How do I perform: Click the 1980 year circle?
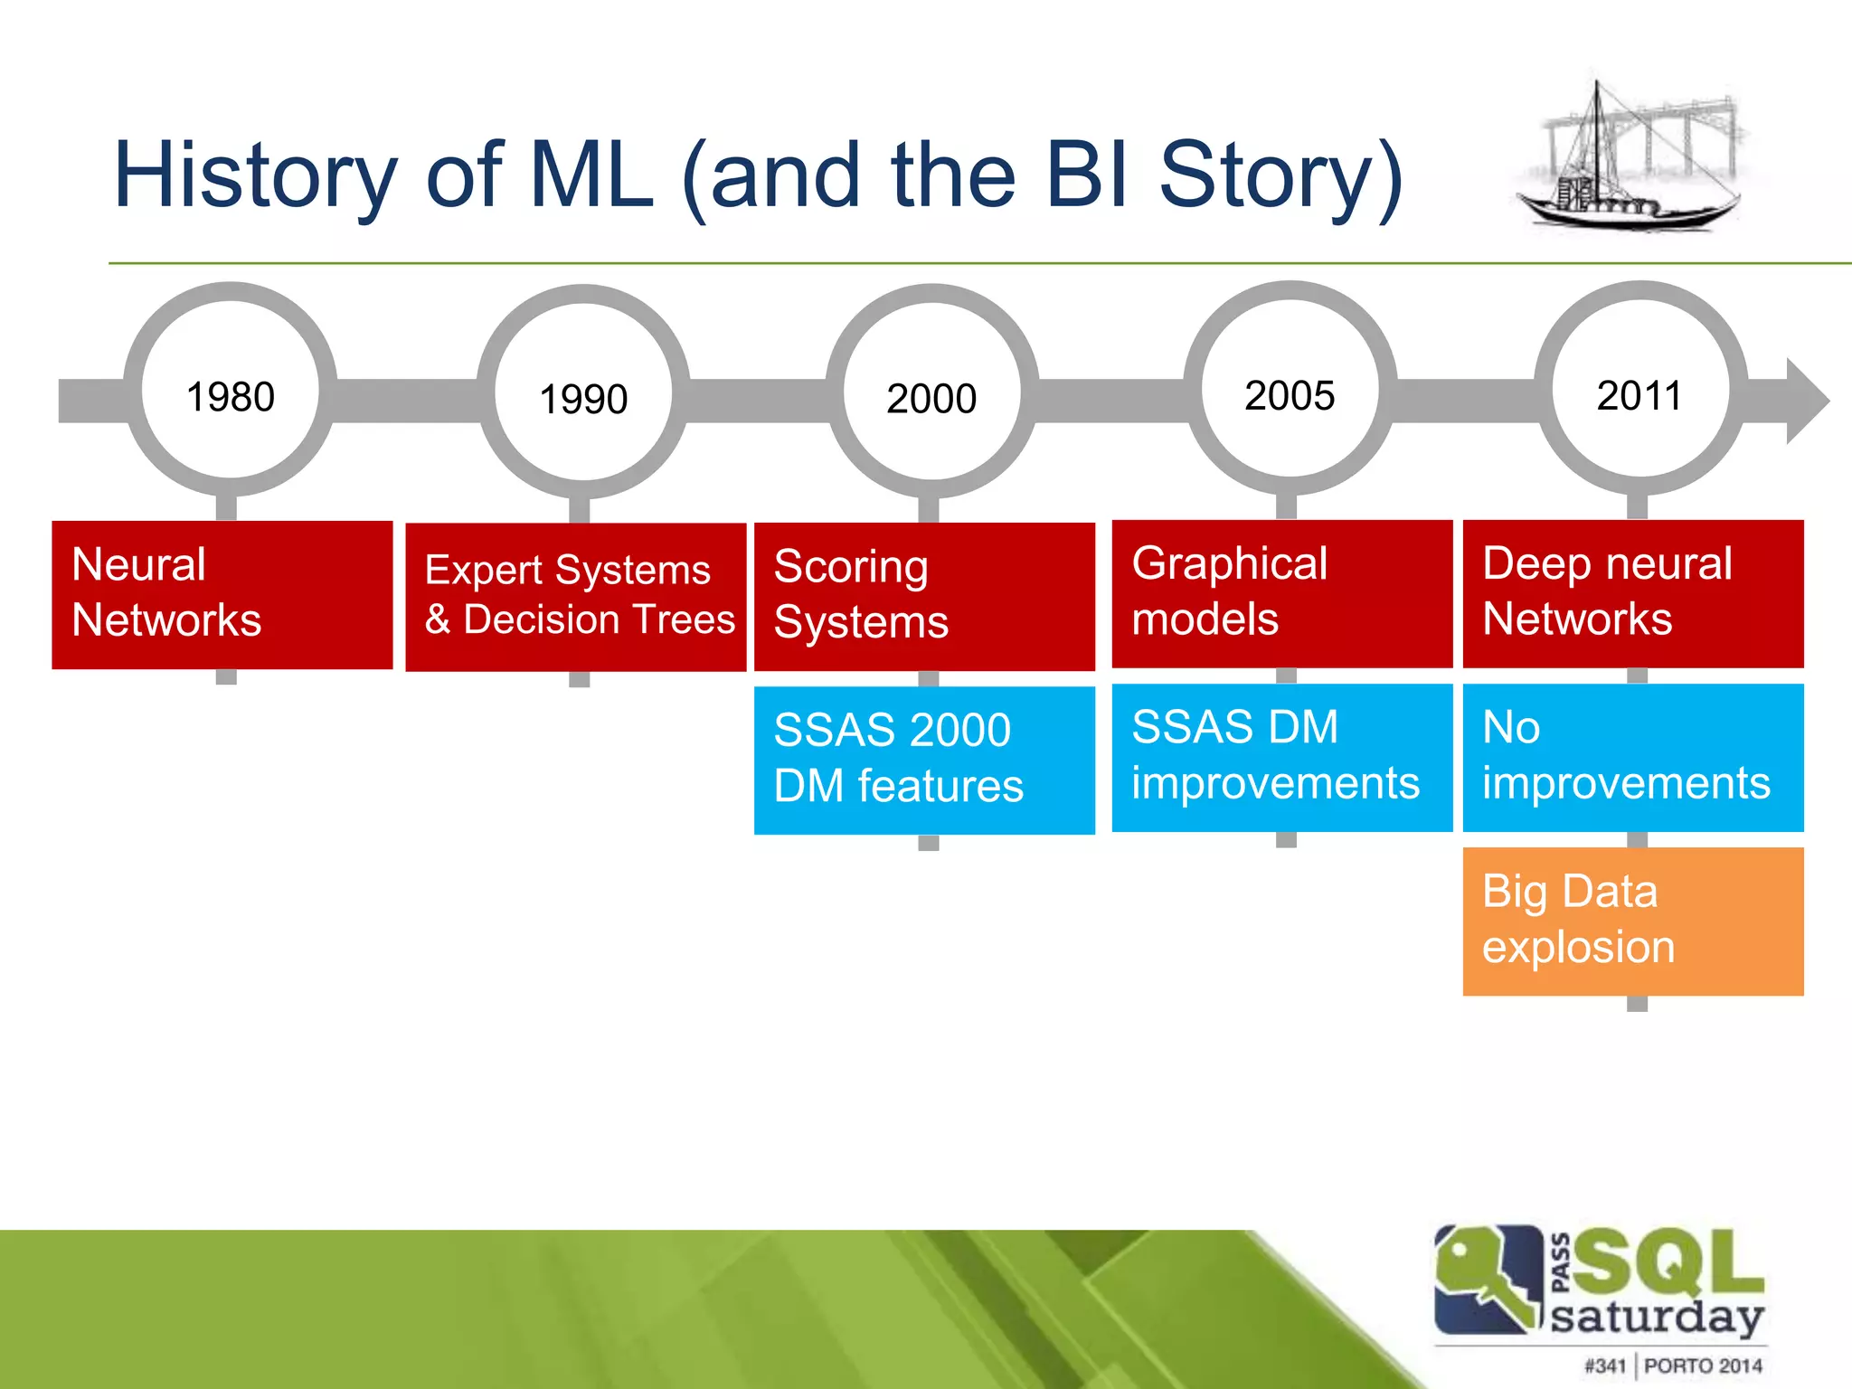(231, 390)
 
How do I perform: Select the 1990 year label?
(583, 399)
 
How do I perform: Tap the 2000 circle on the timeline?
(931, 392)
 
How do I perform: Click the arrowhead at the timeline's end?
(1805, 401)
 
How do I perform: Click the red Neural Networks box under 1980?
(222, 594)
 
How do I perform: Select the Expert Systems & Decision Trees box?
(576, 596)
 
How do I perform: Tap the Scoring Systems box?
(924, 596)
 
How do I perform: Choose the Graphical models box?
(1281, 593)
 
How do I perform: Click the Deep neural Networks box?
(1632, 593)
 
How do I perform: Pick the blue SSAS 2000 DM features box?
(924, 760)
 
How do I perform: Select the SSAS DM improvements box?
(1281, 757)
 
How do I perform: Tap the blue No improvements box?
(1632, 757)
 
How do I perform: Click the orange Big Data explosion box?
(1632, 921)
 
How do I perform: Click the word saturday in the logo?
(1657, 1317)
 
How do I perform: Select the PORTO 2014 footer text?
(1703, 1365)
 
